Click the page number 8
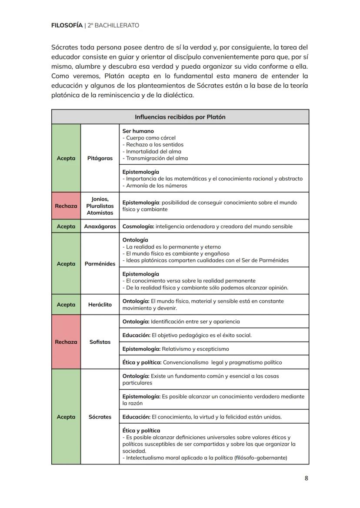click(x=306, y=478)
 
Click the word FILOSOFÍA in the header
click(x=67, y=25)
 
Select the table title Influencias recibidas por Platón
click(x=180, y=117)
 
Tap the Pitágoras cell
click(x=100, y=158)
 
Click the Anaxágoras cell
click(x=100, y=226)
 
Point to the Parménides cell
click(x=100, y=264)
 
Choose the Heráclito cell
click(x=100, y=305)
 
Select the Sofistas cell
click(x=100, y=342)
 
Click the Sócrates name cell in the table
click(x=100, y=417)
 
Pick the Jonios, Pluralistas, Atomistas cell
click(x=100, y=206)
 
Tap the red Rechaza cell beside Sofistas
click(x=66, y=342)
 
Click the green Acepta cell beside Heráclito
click(x=66, y=305)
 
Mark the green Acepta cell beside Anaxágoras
click(x=66, y=226)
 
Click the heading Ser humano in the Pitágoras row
click(x=138, y=131)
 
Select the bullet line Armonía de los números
click(x=156, y=186)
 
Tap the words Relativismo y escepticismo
click(x=195, y=349)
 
